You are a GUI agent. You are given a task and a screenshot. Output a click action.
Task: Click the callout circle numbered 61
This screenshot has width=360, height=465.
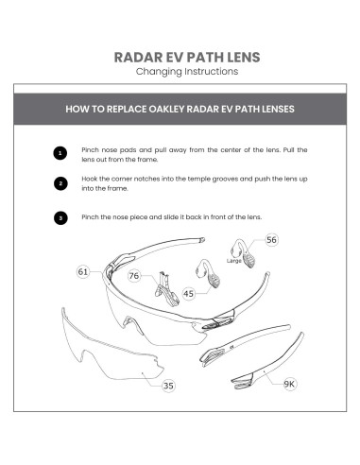tap(84, 272)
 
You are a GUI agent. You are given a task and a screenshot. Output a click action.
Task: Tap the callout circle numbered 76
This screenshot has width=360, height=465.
tap(135, 276)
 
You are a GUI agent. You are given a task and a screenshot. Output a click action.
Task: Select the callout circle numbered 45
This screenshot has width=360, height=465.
tap(189, 293)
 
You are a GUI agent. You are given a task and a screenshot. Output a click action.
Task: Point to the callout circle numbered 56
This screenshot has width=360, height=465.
tap(270, 240)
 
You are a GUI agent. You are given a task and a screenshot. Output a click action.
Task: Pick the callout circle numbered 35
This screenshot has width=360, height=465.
tap(168, 385)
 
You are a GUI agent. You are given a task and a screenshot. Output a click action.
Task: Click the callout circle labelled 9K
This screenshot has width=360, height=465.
tap(288, 384)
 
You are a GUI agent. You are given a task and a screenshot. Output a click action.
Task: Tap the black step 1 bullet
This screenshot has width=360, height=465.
tap(60, 153)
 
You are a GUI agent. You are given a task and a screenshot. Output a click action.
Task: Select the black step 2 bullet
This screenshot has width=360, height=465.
tap(60, 183)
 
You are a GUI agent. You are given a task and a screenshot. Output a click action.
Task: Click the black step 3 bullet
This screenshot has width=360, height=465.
tap(60, 217)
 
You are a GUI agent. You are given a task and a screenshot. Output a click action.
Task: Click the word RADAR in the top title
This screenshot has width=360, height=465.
tap(138, 57)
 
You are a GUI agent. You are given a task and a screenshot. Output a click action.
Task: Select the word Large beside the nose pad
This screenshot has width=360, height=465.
tap(235, 257)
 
